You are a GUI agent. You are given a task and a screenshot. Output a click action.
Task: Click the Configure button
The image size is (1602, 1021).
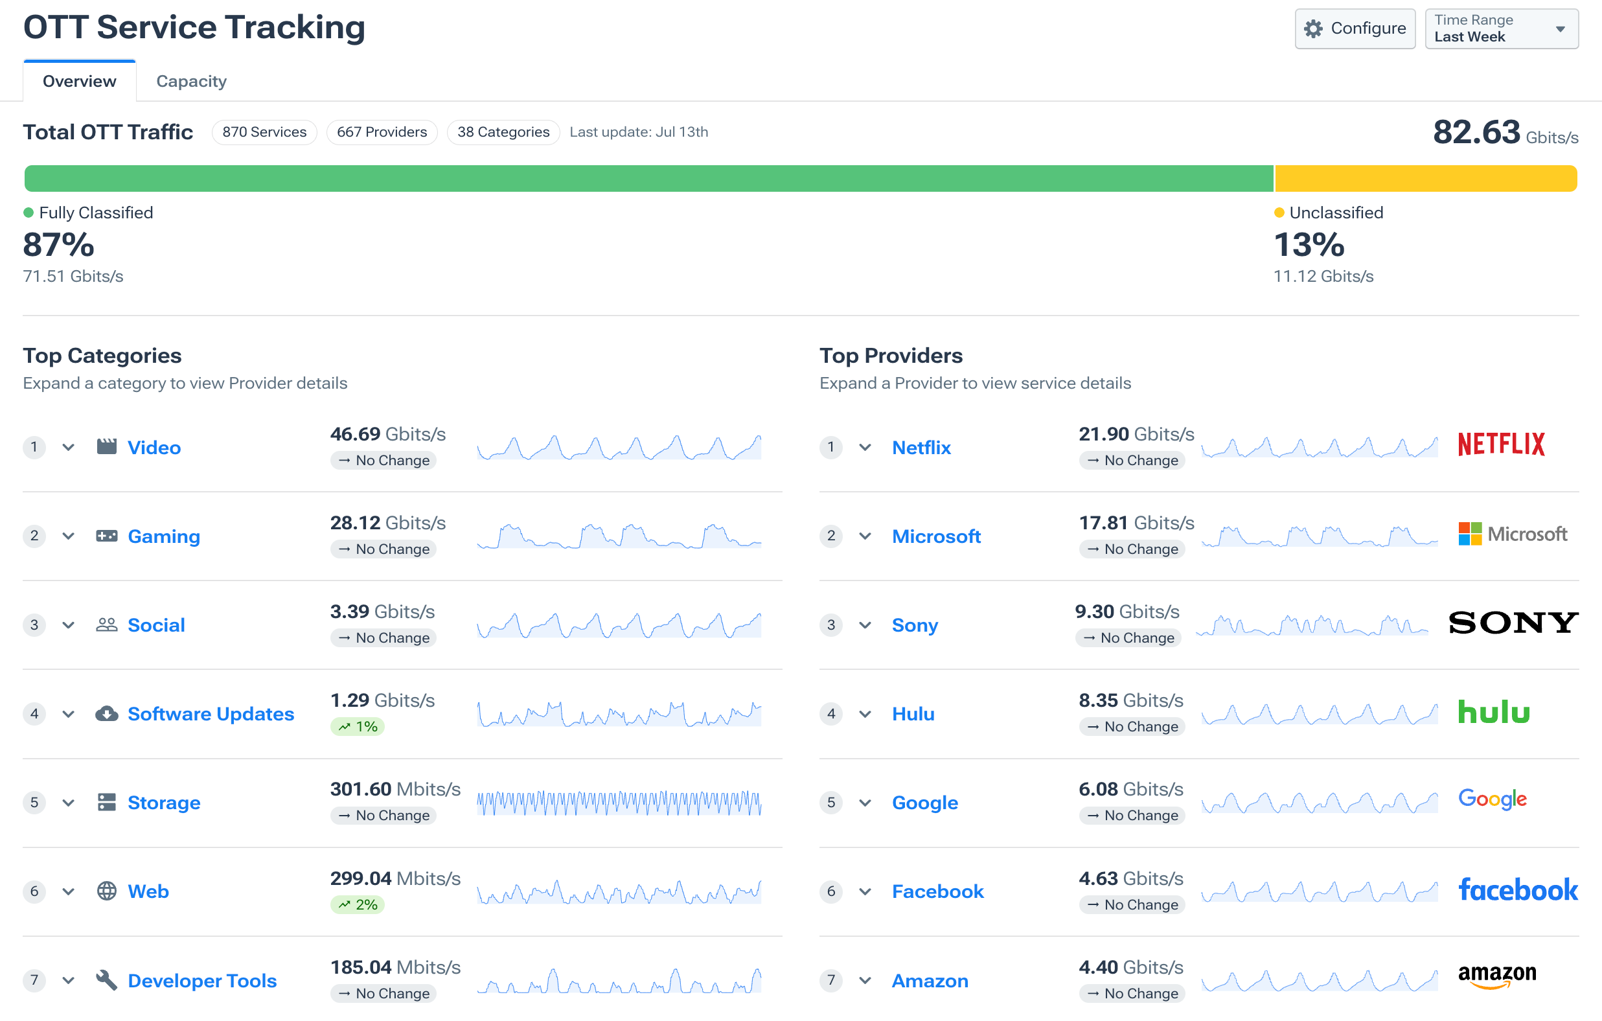pos(1355,29)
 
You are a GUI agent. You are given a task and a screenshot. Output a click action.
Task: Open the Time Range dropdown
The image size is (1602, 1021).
pos(1501,29)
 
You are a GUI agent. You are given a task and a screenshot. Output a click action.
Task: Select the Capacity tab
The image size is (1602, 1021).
pos(191,81)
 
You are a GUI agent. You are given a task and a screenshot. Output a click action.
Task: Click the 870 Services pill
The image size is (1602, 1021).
pos(264,132)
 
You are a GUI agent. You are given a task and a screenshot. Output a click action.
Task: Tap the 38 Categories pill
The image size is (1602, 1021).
pos(503,132)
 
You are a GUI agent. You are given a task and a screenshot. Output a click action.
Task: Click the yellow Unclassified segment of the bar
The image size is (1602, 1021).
pos(1425,178)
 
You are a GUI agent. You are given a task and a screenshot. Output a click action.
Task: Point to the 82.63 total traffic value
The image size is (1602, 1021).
pos(1476,132)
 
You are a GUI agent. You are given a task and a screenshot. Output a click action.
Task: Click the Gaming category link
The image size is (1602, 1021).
pos(164,536)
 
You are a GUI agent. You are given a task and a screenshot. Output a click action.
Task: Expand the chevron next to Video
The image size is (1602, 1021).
pos(68,447)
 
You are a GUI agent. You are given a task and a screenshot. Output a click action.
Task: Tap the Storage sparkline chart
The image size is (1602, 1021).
pos(619,802)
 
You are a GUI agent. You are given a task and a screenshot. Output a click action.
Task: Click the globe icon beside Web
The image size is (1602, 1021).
pos(106,891)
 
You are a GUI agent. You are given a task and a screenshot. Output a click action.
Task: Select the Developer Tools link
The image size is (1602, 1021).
pos(201,980)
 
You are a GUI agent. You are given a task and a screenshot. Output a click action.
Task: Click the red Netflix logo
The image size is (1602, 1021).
pos(1501,444)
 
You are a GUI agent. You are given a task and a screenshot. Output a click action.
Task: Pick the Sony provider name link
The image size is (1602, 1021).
pos(915,625)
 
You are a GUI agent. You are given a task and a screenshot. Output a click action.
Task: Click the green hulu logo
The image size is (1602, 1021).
pos(1494,712)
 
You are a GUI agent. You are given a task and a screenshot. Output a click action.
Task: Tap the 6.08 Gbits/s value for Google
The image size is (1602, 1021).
pos(1130,789)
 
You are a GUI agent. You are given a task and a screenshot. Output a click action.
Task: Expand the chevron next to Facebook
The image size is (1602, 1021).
pos(865,891)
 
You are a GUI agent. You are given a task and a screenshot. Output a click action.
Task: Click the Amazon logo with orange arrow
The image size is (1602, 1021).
pos(1497,976)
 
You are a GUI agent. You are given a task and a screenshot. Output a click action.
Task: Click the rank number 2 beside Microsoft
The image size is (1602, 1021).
pos(831,536)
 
